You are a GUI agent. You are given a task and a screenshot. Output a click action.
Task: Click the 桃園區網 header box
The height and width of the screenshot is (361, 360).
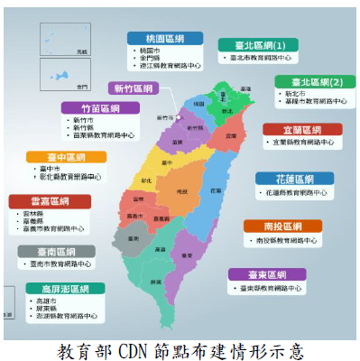170,37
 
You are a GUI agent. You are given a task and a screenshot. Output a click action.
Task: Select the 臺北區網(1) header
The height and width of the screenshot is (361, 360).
254,45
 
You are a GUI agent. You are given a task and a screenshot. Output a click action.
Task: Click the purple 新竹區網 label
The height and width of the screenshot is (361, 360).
131,88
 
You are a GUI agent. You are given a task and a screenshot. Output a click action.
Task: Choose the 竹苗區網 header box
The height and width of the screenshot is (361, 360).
100,107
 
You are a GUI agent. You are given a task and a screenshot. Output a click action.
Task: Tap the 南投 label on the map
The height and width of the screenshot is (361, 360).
181,191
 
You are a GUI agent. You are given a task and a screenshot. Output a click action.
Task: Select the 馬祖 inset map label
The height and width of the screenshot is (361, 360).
82,52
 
